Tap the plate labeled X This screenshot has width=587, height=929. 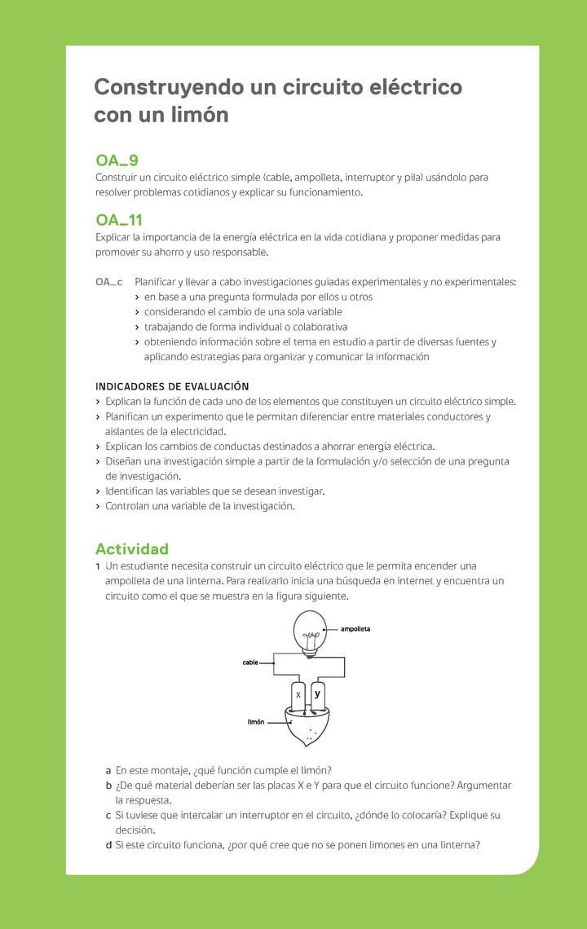(298, 695)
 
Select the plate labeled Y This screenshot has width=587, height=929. (317, 695)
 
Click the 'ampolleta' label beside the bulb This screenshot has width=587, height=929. (355, 629)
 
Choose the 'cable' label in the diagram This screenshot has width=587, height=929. (249, 663)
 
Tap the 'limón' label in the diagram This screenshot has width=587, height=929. (256, 722)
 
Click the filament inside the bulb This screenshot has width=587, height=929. (310, 635)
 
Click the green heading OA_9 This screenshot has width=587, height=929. (117, 161)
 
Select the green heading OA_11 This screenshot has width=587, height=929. (119, 220)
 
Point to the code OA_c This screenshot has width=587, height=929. (109, 282)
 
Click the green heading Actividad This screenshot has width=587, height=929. (132, 548)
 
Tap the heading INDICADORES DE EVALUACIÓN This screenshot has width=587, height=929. (172, 386)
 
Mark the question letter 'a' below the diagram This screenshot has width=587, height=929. (108, 770)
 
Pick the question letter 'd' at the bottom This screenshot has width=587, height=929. (108, 845)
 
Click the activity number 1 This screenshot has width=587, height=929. (98, 566)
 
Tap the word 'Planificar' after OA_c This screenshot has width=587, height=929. (158, 282)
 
